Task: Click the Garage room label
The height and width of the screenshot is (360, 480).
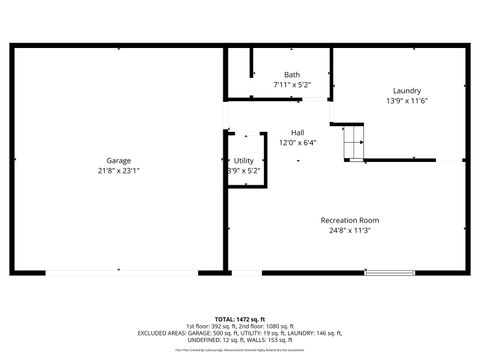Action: pyautogui.click(x=119, y=161)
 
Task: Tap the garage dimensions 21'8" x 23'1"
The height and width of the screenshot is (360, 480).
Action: pyautogui.click(x=119, y=171)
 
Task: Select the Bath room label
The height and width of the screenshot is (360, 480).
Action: pyautogui.click(x=291, y=75)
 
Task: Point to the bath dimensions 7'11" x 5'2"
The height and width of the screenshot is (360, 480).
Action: pyautogui.click(x=291, y=85)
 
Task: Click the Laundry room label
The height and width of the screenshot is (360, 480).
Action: pyautogui.click(x=406, y=90)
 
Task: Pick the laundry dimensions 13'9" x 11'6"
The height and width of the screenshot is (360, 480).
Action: pyautogui.click(x=406, y=100)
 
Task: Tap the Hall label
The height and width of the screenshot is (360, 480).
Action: pyautogui.click(x=297, y=132)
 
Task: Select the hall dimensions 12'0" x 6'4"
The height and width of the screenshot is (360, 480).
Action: pyautogui.click(x=297, y=142)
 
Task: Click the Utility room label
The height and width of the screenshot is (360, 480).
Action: pyautogui.click(x=244, y=161)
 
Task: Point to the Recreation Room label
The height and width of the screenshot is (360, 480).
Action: pyautogui.click(x=349, y=220)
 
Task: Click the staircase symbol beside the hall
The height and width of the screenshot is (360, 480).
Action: pyautogui.click(x=353, y=142)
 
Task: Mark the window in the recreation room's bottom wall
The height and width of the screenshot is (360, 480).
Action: pyautogui.click(x=389, y=271)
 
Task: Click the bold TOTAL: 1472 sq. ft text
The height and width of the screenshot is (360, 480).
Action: pyautogui.click(x=240, y=317)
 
